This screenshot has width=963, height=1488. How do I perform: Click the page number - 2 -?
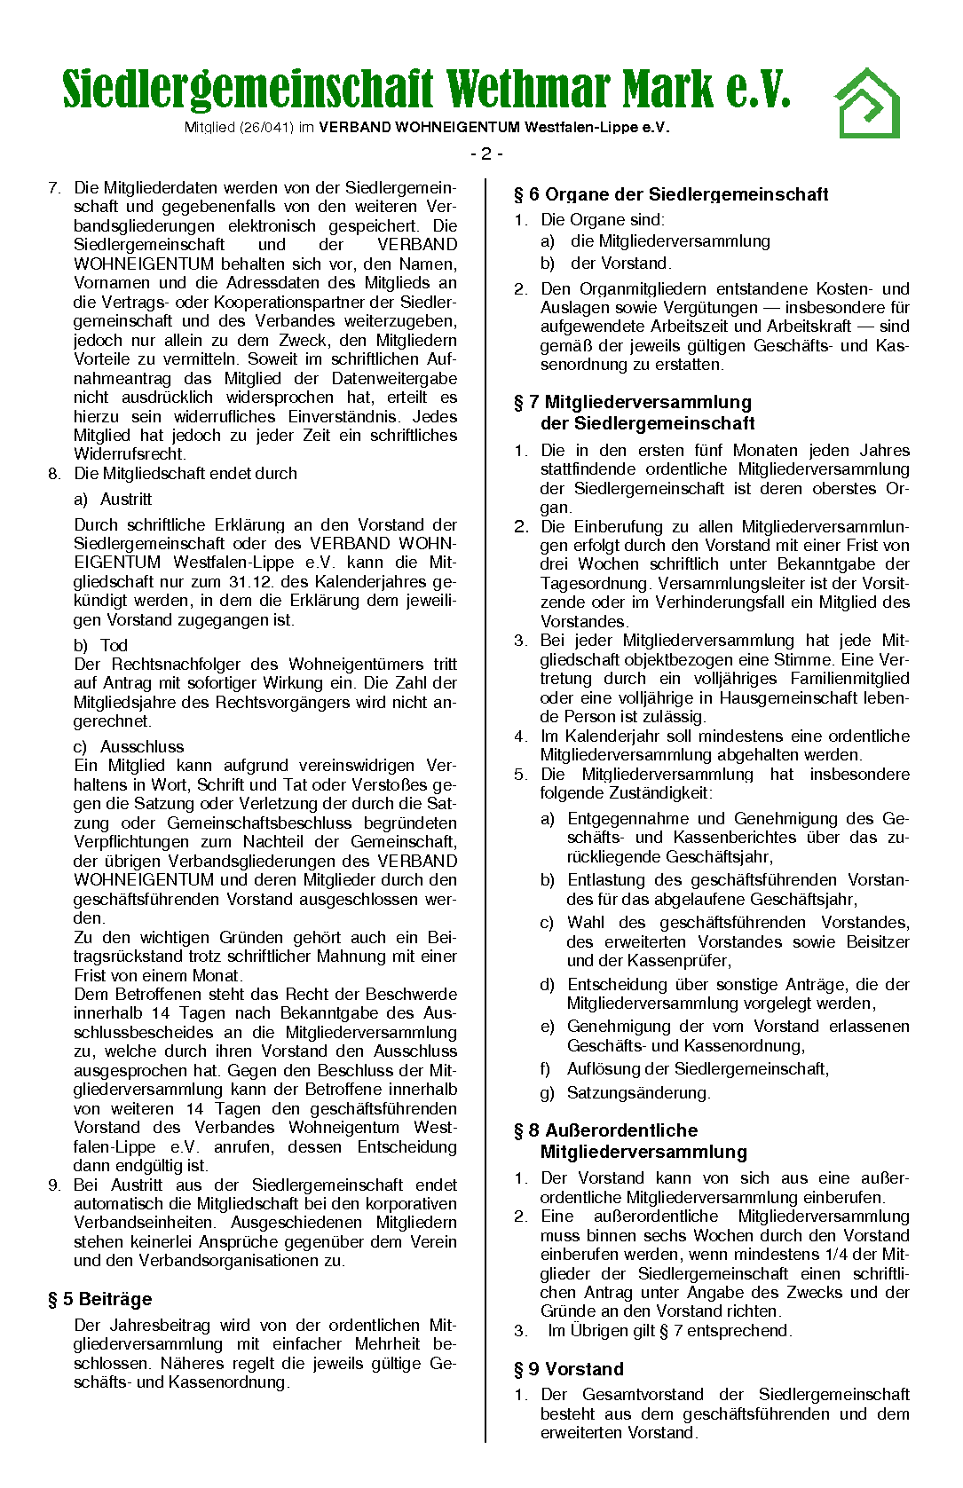(x=486, y=154)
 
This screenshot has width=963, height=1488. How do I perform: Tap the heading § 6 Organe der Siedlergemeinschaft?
(x=671, y=194)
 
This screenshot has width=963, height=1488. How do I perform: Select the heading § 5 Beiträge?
(x=99, y=1299)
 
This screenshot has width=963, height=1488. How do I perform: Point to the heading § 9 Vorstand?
(x=569, y=1368)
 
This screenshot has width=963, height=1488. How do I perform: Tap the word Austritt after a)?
(x=126, y=499)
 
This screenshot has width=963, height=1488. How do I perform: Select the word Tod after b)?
(x=114, y=645)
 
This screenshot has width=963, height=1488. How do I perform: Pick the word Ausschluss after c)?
(x=142, y=746)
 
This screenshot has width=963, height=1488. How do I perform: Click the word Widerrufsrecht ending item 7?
(x=128, y=454)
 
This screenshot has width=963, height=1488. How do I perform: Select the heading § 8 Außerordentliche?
(x=606, y=1130)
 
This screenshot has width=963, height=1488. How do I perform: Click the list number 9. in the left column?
(x=54, y=1185)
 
